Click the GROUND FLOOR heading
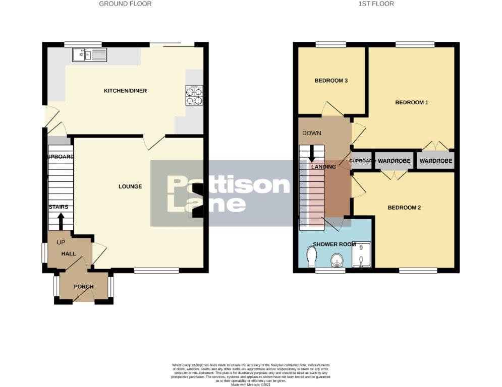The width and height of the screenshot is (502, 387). click(x=125, y=4)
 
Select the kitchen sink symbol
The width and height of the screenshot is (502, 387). click(x=90, y=54)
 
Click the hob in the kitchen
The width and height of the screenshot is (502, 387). click(x=195, y=95)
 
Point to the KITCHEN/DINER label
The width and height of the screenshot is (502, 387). click(x=125, y=91)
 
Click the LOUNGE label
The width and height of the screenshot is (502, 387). click(x=130, y=186)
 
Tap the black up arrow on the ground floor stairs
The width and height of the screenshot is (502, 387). click(x=61, y=221)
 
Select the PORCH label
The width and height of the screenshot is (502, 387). click(x=84, y=287)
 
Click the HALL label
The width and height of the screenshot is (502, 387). click(x=69, y=253)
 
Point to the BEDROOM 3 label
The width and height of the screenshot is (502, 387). click(x=331, y=81)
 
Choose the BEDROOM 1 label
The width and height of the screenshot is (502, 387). click(x=411, y=102)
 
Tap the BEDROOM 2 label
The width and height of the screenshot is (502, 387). click(x=404, y=208)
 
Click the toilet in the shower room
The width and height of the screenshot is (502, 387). click(x=311, y=259)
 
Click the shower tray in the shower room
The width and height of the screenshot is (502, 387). click(x=361, y=255)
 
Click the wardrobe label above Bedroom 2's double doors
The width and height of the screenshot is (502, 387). click(x=394, y=161)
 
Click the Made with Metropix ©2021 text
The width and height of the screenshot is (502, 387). click(x=251, y=384)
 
